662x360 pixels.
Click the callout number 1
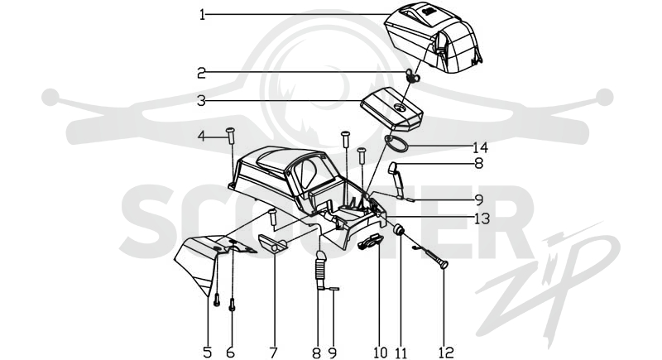coord(202,16)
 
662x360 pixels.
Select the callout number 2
coord(201,73)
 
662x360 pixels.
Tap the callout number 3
coord(201,101)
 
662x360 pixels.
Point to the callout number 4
coord(202,137)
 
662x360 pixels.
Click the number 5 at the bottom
coord(207,352)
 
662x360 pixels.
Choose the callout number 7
coord(274,352)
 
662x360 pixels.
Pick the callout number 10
coord(380,352)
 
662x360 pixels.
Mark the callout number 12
coord(446,352)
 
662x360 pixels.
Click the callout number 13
coord(482,218)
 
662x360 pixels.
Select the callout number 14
coord(481,147)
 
